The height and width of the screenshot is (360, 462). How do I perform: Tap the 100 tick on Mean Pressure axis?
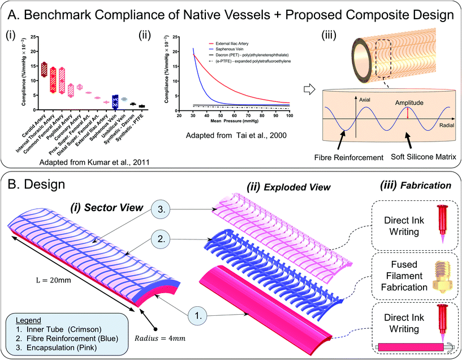tap(290, 115)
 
